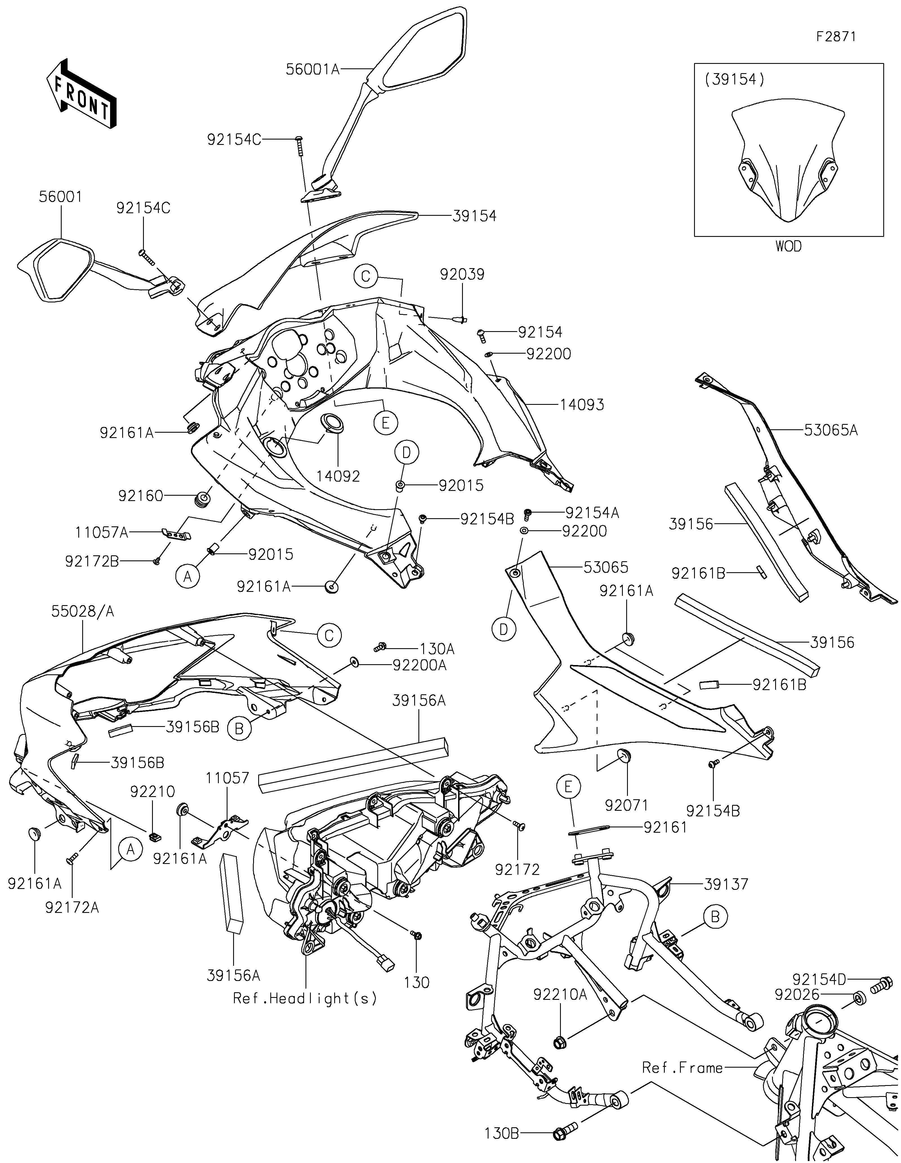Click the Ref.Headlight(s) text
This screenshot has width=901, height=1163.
coord(305,998)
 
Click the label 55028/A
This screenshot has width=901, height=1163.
coord(82,612)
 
